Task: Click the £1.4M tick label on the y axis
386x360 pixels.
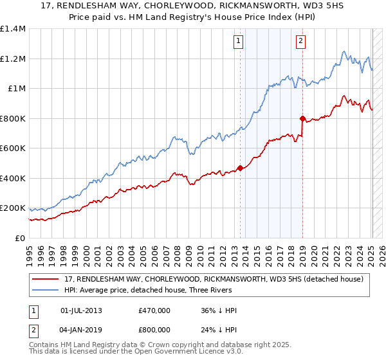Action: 13,29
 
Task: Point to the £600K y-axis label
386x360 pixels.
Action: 13,148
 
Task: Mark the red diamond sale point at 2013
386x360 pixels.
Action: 240,168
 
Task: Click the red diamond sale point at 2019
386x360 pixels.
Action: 302,119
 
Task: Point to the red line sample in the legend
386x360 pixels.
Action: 46,279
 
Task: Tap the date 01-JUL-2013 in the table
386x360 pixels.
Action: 81,310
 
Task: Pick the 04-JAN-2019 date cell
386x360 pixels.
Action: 81,329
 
